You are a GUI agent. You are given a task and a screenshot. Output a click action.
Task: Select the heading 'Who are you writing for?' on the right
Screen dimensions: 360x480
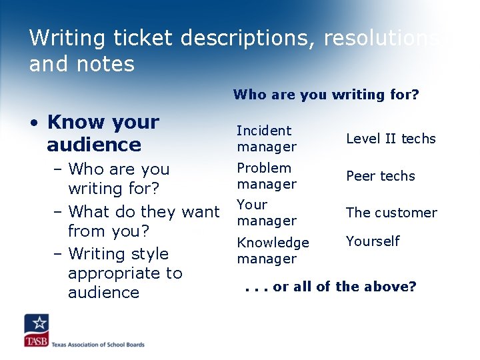[x=326, y=95]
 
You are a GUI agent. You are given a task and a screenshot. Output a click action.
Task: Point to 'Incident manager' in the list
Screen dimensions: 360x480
[x=267, y=139]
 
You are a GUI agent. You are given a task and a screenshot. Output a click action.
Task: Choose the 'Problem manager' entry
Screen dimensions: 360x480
[x=267, y=176]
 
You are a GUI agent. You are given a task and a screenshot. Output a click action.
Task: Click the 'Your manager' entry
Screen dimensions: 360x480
[x=267, y=213]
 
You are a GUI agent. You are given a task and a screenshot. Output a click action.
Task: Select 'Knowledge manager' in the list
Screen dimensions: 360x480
[x=273, y=251]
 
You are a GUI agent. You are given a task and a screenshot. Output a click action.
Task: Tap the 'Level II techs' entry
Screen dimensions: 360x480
[x=390, y=139]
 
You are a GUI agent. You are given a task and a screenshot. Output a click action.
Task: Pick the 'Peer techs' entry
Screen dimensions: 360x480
[x=380, y=176]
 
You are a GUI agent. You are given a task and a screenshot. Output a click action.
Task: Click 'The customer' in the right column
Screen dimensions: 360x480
[x=391, y=213]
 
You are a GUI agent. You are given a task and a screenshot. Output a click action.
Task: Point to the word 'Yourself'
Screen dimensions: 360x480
[x=373, y=241]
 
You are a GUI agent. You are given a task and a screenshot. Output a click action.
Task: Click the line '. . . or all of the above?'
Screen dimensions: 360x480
[x=330, y=287]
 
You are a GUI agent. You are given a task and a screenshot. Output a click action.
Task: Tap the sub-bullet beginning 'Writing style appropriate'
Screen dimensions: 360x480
[x=125, y=273]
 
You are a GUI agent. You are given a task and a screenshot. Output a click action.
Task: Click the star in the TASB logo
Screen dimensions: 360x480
[x=38, y=324]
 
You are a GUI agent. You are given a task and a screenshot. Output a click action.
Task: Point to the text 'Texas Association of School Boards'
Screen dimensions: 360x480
[x=99, y=345]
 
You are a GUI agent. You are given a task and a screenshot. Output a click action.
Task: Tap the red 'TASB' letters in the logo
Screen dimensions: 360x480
[x=36, y=341]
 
